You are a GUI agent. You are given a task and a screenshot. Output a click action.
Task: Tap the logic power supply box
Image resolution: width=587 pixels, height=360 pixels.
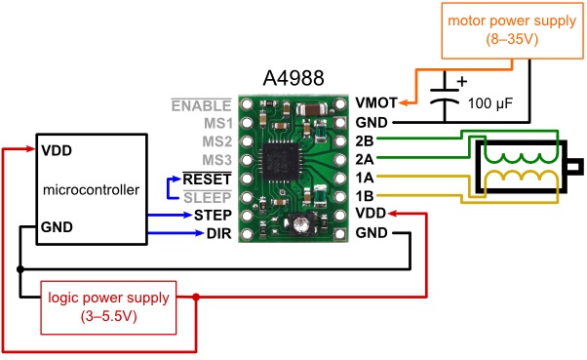pyautogui.click(x=108, y=305)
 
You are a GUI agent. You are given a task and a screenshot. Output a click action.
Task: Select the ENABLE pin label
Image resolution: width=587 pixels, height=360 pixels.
pyautogui.click(x=202, y=104)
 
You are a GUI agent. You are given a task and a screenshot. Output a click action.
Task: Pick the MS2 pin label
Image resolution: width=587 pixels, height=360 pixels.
pyautogui.click(x=216, y=140)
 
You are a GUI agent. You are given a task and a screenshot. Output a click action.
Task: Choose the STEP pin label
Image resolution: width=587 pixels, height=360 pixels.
pyautogui.click(x=212, y=214)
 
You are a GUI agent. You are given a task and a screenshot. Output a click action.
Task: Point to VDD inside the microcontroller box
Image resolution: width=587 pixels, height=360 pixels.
pyautogui.click(x=57, y=151)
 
